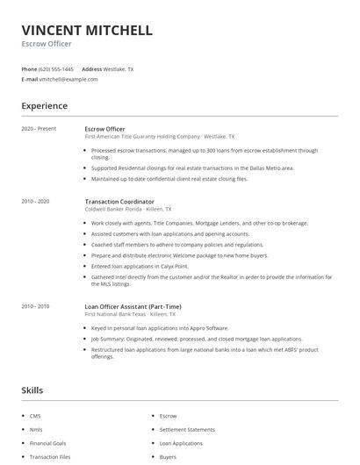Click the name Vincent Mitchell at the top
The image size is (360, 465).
pyautogui.click(x=87, y=30)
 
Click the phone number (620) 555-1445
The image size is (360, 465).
pyautogui.click(x=57, y=68)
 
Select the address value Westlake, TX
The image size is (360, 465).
pyautogui.click(x=119, y=68)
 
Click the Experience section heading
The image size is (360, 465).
pyautogui.click(x=44, y=106)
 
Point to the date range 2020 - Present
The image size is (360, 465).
pyautogui.click(x=39, y=128)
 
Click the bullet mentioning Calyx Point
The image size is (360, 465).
pyautogui.click(x=140, y=265)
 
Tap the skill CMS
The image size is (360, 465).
pyautogui.click(x=35, y=416)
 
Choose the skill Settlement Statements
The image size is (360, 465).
pyautogui.click(x=187, y=430)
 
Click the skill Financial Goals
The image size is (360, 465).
pyautogui.click(x=47, y=443)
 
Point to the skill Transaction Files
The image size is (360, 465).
pyautogui.click(x=49, y=457)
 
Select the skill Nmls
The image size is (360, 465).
pyautogui.click(x=36, y=430)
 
